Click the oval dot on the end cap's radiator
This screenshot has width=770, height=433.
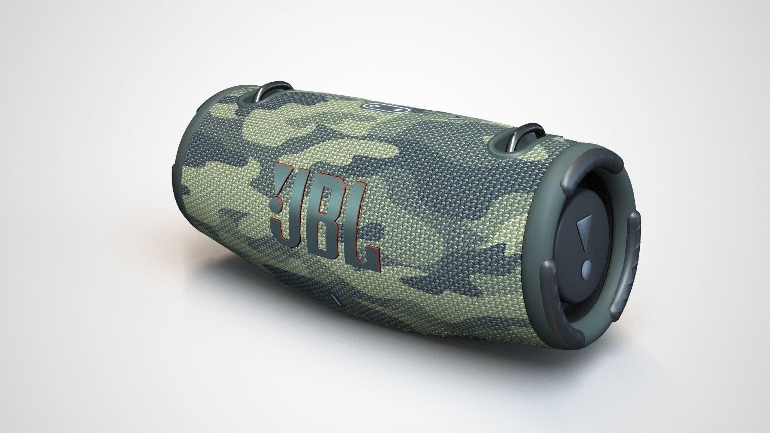(x=586, y=265)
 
